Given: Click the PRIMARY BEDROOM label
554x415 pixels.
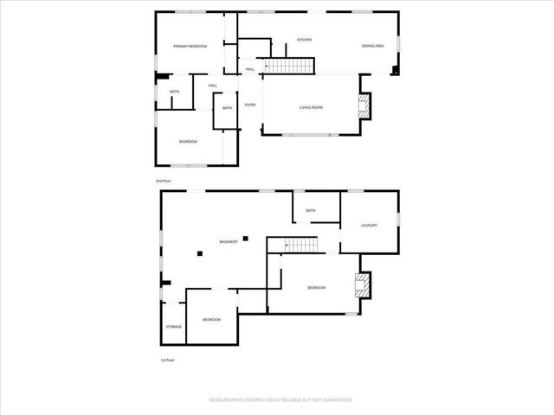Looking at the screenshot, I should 190,47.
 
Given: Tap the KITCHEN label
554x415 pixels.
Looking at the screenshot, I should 304,40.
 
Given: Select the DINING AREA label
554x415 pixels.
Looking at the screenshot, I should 373,46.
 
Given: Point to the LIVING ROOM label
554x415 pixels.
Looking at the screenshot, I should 311,107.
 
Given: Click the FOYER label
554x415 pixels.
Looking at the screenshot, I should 249,105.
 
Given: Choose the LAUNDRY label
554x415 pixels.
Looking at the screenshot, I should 369,226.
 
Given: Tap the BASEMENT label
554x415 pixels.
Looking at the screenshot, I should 229,241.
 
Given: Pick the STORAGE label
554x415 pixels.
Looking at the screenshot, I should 174,326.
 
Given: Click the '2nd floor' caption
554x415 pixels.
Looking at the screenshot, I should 164,181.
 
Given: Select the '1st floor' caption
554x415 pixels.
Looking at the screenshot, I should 163,360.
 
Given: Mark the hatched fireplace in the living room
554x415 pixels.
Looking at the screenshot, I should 364,106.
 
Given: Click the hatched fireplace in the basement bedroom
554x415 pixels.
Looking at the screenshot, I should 364,286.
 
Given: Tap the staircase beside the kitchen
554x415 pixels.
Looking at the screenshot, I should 288,66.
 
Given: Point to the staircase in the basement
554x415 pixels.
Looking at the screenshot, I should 300,246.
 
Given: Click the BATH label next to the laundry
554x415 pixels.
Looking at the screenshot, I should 310,210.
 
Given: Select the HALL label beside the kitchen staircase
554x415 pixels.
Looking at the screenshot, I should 249,69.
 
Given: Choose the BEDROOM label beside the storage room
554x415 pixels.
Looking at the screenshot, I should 212,320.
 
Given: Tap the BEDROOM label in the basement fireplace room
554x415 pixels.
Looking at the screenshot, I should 316,287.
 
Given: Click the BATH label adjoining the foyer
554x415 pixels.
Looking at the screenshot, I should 227,108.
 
